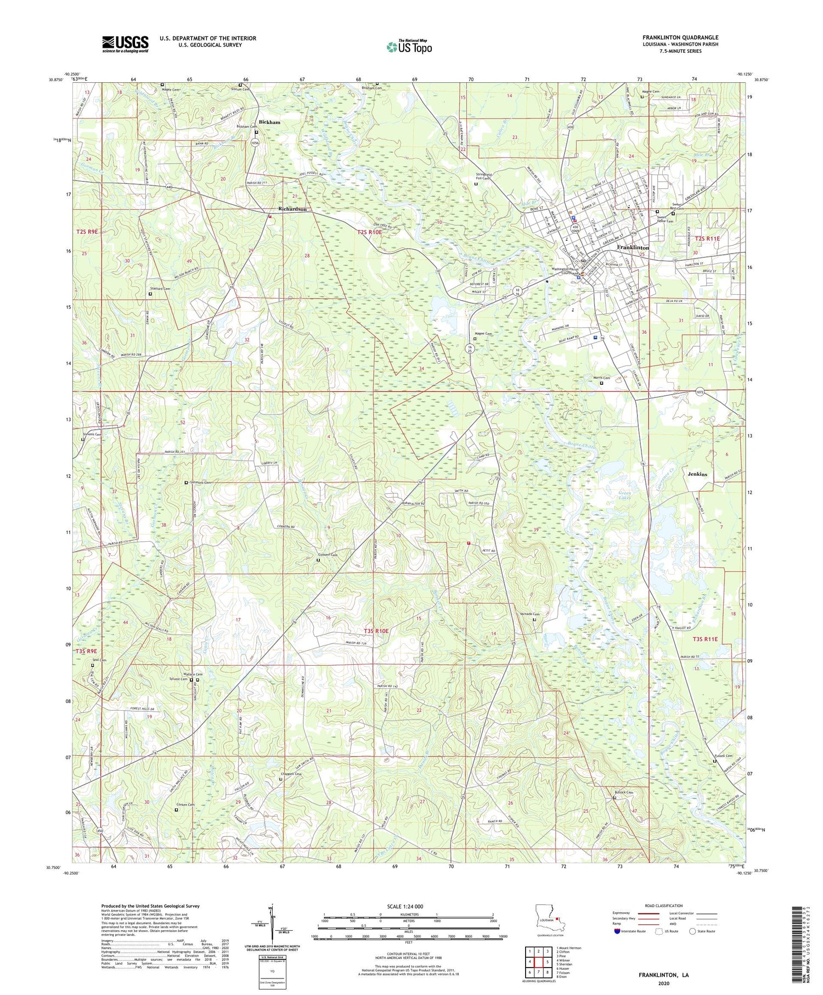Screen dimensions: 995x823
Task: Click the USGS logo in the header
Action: [x=125, y=44]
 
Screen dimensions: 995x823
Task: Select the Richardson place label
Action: [x=292, y=209]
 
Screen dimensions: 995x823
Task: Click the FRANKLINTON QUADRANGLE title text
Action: [x=680, y=37]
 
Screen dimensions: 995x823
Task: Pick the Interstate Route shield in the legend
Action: [x=618, y=931]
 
